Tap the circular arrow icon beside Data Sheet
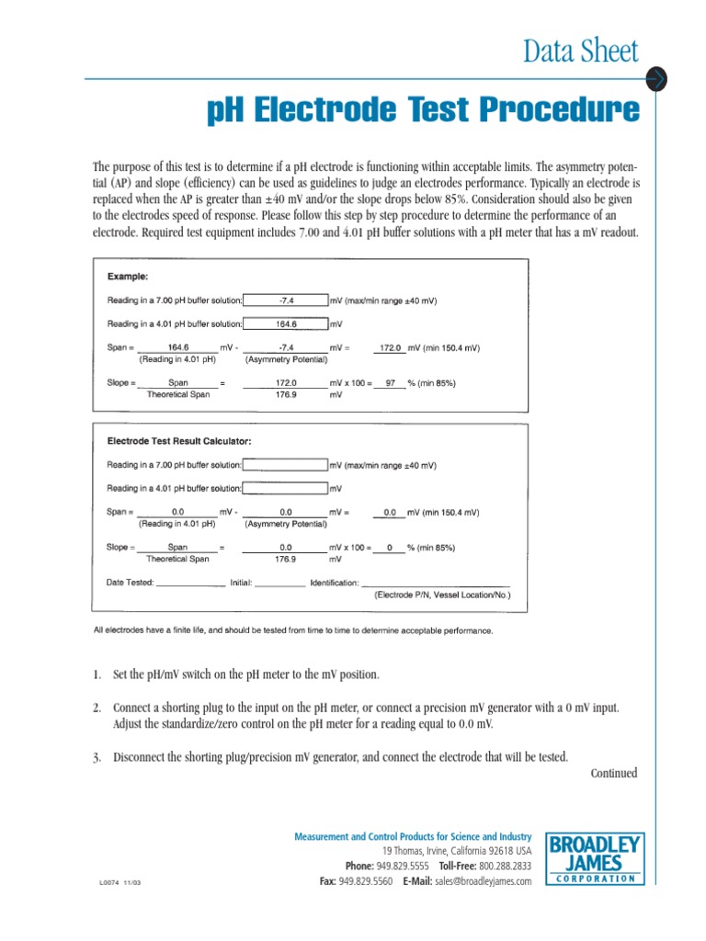656,79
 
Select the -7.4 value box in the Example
286,300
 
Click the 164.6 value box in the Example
286,323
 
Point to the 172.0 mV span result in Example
390,348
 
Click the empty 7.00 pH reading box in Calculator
286,465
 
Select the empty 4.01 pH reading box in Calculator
286,489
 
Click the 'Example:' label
128,276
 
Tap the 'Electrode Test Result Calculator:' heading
179,442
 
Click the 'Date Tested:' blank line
190,583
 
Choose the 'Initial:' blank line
279,583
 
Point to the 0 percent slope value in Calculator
390,548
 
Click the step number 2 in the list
97,709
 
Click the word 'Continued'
613,773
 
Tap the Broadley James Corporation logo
595,857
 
